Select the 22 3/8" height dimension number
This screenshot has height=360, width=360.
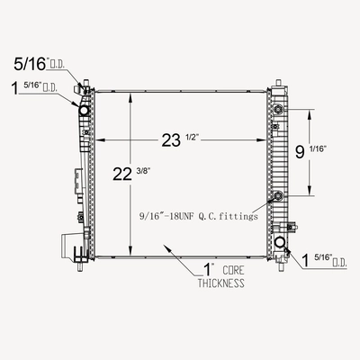[131, 174]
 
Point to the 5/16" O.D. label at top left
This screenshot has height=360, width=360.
[39, 64]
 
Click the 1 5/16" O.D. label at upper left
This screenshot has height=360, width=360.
[34, 88]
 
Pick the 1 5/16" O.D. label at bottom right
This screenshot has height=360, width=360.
[324, 260]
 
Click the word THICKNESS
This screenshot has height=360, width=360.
[220, 283]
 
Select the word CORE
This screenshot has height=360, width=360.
[233, 270]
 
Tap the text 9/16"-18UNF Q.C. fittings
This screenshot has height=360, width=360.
[199, 216]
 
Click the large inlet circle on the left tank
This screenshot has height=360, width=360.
[84, 111]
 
